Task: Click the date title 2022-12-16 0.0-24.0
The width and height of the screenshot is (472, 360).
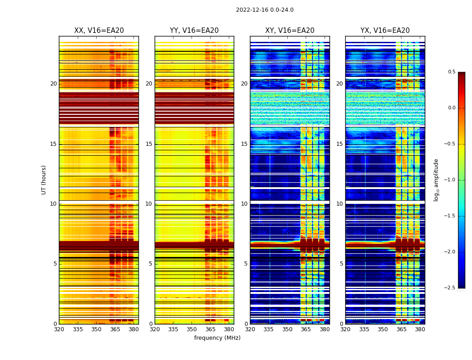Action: pos(264,10)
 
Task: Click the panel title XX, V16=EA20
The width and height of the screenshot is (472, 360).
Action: pos(99,31)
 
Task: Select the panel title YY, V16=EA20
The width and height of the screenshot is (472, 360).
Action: pos(194,31)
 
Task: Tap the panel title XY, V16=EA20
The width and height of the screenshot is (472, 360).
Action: pos(289,31)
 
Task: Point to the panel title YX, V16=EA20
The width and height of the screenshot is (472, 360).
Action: pos(385,31)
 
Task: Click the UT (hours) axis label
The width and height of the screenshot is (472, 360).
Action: pos(44,180)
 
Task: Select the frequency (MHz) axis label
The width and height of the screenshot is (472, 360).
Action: pos(217,338)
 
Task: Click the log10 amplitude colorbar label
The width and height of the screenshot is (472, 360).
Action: pos(436,180)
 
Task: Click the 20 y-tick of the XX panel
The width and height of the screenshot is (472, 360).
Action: pos(53,84)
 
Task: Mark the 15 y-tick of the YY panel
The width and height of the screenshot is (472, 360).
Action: pos(149,144)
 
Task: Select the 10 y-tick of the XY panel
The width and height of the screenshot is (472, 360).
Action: pos(244,204)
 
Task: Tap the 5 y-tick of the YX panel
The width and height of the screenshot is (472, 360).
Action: pos(341,264)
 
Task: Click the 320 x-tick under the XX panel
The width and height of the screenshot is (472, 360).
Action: pos(59,329)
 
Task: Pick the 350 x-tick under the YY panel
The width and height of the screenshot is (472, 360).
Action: pos(192,329)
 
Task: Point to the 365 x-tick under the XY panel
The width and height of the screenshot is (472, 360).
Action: pos(306,329)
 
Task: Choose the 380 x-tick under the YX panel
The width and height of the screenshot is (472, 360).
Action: pos(420,329)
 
